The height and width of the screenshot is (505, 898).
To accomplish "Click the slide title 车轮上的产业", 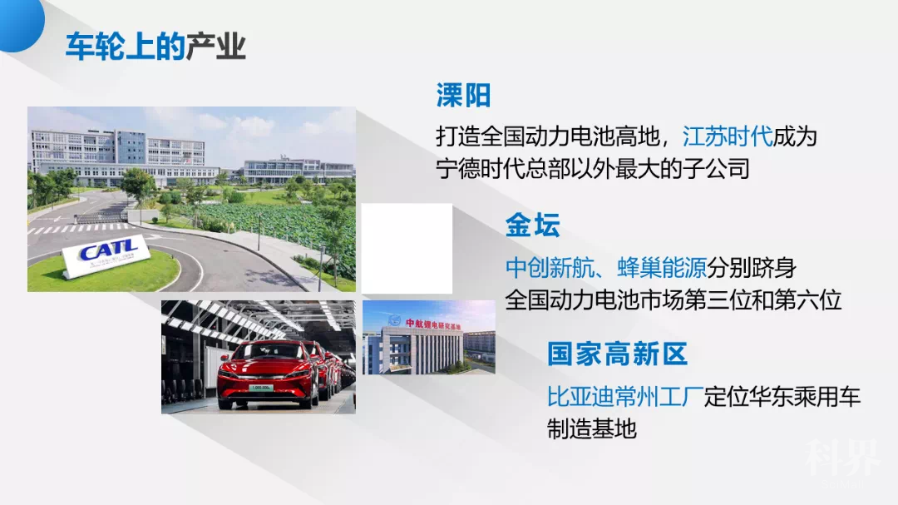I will point(155,47).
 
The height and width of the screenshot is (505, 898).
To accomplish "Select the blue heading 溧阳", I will point(463,96).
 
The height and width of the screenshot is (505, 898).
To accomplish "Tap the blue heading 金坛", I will point(532,225).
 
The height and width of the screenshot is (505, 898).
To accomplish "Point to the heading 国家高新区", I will point(617,354).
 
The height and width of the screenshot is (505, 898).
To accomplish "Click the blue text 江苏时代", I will point(728,135).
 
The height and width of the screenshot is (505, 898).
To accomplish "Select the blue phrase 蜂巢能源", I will point(662,267).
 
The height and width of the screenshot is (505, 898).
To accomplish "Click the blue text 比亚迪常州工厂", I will point(624,396).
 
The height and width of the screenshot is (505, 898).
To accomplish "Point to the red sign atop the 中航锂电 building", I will point(433,323).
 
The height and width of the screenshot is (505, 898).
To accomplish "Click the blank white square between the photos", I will point(407,248).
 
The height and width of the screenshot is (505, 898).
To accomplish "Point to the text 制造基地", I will point(591,428).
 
